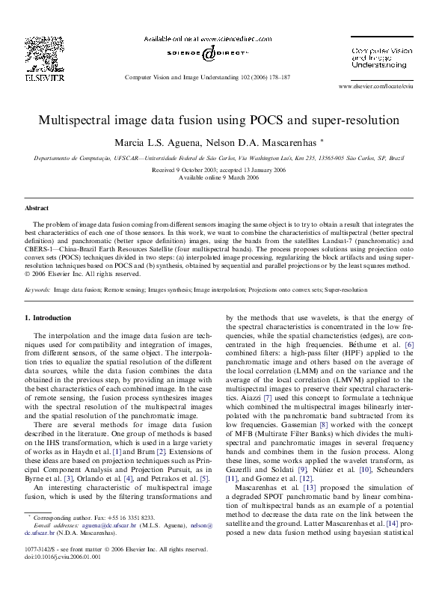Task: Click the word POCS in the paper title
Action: click(x=290, y=120)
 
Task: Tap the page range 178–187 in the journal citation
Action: click(x=277, y=77)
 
